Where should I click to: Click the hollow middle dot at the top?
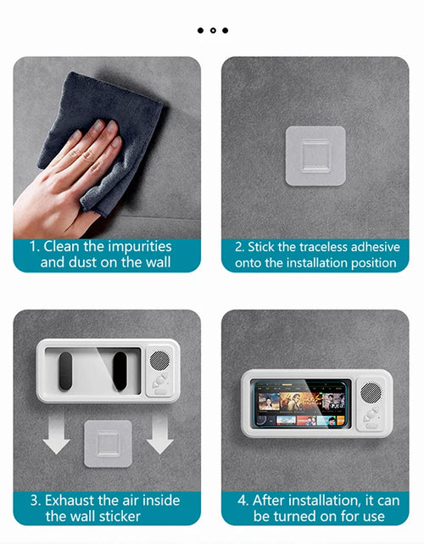tap(212, 31)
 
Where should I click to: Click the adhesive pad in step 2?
tap(315, 156)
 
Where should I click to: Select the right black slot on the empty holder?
tap(120, 371)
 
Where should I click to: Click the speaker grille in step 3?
tap(159, 359)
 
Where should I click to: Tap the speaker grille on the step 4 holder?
tap(370, 392)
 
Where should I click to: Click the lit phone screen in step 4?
tap(304, 403)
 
